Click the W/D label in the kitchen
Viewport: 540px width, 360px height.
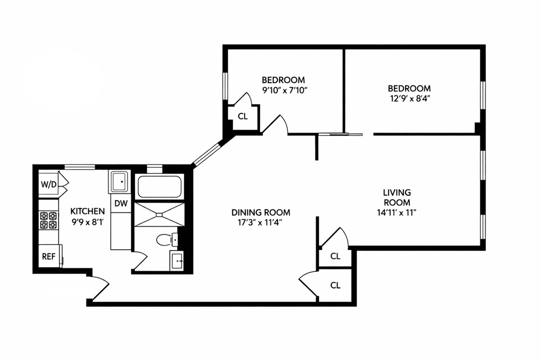coord(49,184)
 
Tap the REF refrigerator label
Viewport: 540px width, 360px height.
coord(49,256)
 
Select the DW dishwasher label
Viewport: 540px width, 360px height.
coord(121,203)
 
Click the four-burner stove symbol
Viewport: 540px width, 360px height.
coord(48,220)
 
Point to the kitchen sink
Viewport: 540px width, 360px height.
coord(120,181)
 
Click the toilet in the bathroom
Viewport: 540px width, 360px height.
coord(167,239)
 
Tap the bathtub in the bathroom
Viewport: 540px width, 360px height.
coord(159,187)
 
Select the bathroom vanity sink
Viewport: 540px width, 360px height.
coord(177,260)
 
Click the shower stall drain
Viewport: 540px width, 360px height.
coord(159,215)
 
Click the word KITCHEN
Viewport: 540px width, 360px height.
coord(88,211)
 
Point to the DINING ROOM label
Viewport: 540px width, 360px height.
coord(261,212)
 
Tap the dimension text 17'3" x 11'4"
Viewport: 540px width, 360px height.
coord(260,222)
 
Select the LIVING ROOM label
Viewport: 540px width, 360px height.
coord(397,197)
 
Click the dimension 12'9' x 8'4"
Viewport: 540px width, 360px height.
coord(409,99)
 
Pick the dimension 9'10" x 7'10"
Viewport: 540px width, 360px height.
coord(284,91)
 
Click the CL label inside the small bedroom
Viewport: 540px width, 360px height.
coord(243,116)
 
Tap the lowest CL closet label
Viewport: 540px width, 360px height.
coord(335,285)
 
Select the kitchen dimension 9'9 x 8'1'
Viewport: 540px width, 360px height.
coord(88,222)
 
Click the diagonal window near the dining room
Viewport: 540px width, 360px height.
coord(206,154)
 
